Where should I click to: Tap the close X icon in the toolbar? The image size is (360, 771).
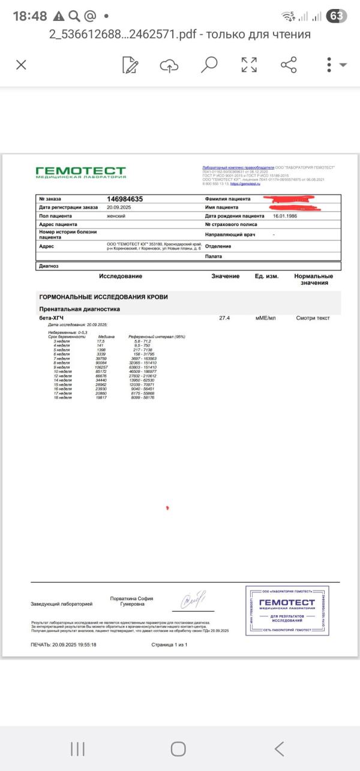point(21,65)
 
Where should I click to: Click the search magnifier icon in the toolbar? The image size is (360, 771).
point(209,65)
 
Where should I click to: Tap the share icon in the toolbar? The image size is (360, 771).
point(289,65)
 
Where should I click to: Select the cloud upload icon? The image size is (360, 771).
point(169,65)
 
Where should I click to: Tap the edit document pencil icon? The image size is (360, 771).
point(130,65)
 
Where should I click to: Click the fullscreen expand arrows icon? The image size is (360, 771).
point(249,65)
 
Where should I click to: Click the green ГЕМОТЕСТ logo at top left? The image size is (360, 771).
point(80,172)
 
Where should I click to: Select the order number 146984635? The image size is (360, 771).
point(125,199)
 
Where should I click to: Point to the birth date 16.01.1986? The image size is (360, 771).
point(286,216)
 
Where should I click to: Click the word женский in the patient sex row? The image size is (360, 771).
point(116,216)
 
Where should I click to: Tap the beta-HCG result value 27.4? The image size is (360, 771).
point(225,317)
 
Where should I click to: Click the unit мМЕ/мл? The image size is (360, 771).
point(265,317)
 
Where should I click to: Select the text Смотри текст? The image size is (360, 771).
point(313,317)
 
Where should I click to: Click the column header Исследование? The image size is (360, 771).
point(121,276)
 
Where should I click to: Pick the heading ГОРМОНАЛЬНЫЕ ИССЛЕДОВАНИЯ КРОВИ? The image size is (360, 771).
point(103,297)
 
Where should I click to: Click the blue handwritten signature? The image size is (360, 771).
point(194,598)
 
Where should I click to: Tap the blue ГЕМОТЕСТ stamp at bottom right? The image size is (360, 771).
point(287,609)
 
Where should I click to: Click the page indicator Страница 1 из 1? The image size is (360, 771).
point(170,645)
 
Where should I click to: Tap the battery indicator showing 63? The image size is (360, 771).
point(337,16)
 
